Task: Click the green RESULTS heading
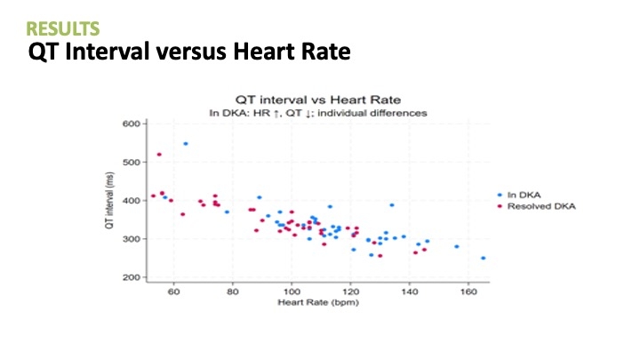coord(63,29)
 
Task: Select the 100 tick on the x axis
coord(292,291)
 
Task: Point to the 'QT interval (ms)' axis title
coord(108,201)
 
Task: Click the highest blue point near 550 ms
coord(186,143)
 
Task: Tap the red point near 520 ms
coord(159,155)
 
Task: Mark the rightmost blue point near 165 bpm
coord(484,258)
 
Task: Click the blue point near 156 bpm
coord(457,246)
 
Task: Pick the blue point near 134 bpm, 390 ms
coord(392,204)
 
